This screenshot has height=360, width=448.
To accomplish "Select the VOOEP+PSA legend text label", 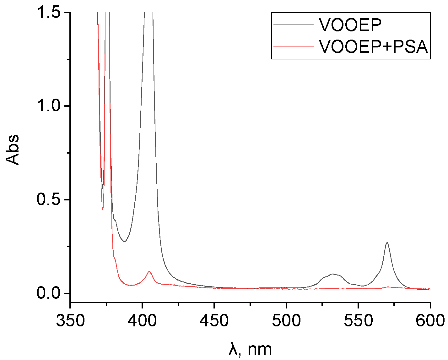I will tap(374, 46).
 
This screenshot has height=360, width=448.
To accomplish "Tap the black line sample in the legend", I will tap(294, 25).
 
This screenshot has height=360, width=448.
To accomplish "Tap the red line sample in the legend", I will tap(294, 46).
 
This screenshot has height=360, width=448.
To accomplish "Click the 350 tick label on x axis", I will tap(70, 321).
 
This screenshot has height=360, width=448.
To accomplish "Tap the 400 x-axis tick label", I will tap(142, 321).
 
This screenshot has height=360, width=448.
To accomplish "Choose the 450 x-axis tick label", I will tap(214, 321).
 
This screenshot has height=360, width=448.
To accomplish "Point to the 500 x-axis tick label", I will tap(286, 321).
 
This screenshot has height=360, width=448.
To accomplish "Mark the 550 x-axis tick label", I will tap(358, 321).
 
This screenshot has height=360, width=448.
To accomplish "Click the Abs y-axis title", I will tap(13, 150).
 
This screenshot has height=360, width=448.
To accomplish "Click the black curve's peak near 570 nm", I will tap(387, 243).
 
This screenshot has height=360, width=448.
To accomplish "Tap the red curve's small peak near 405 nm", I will tap(149, 271).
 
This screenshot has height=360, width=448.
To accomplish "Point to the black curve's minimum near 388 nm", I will tap(125, 241).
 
